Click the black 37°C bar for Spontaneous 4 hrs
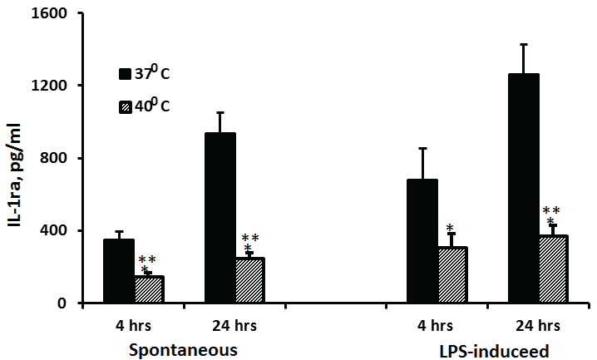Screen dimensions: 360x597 (x=119, y=271)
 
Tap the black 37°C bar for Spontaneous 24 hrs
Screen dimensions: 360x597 (x=220, y=218)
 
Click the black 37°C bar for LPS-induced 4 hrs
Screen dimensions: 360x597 (x=422, y=241)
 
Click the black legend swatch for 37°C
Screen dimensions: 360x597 (x=126, y=75)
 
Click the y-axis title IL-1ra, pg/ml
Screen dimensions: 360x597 (x=16, y=166)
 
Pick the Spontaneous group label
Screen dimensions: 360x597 (x=183, y=350)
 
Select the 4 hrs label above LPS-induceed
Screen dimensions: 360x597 (x=437, y=324)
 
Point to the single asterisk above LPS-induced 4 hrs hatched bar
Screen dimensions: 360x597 (x=450, y=229)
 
